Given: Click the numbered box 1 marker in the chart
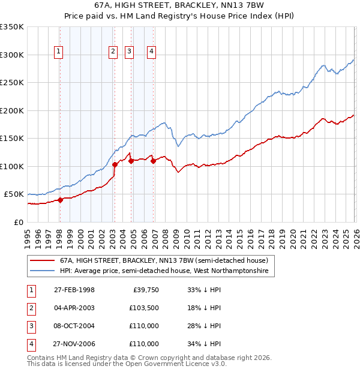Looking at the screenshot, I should (x=59, y=52).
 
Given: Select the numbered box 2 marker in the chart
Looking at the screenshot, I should (x=113, y=52).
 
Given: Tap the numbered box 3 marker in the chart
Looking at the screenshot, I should (x=129, y=52).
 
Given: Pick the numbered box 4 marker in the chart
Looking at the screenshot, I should (x=152, y=52).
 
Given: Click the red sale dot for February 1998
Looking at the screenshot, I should (x=61, y=200).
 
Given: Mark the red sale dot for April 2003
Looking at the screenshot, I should (x=115, y=164).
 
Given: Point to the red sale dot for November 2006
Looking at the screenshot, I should (x=154, y=161).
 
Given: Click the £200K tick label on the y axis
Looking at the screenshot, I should (x=12, y=110).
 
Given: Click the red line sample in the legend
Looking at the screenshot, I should (x=42, y=260).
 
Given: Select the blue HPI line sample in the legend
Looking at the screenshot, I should (x=42, y=271).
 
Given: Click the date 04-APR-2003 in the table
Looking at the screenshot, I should (x=74, y=308).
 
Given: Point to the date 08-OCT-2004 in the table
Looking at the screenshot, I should (x=74, y=326).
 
